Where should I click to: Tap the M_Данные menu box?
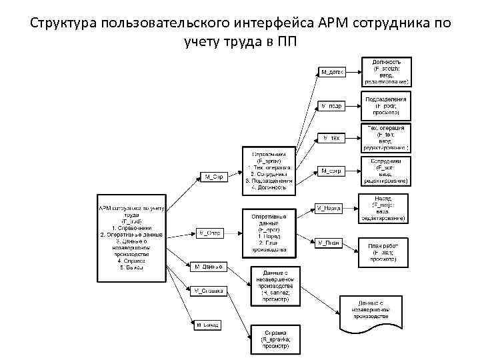(208, 267)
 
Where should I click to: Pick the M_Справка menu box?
(208, 291)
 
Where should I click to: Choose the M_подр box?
(331, 105)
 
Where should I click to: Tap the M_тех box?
(331, 138)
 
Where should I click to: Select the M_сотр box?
(331, 171)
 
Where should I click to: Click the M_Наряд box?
(329, 208)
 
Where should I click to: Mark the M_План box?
(329, 243)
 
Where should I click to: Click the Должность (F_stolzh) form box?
(387, 71)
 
